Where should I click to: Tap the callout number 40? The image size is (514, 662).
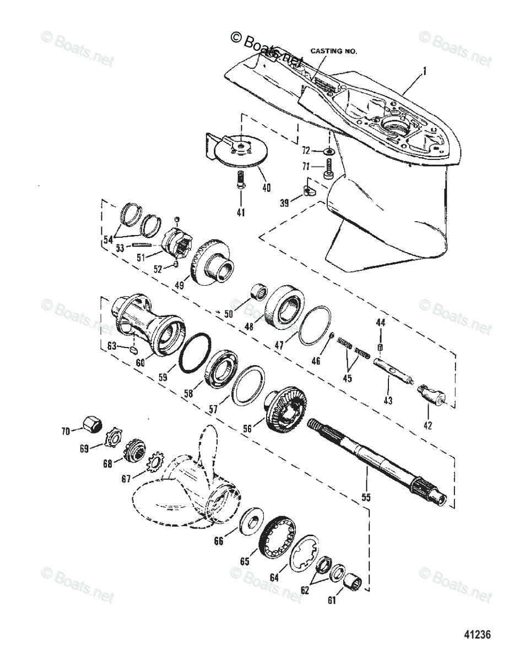(266, 188)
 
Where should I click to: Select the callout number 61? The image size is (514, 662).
(332, 601)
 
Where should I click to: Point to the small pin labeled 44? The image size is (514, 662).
(380, 346)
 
